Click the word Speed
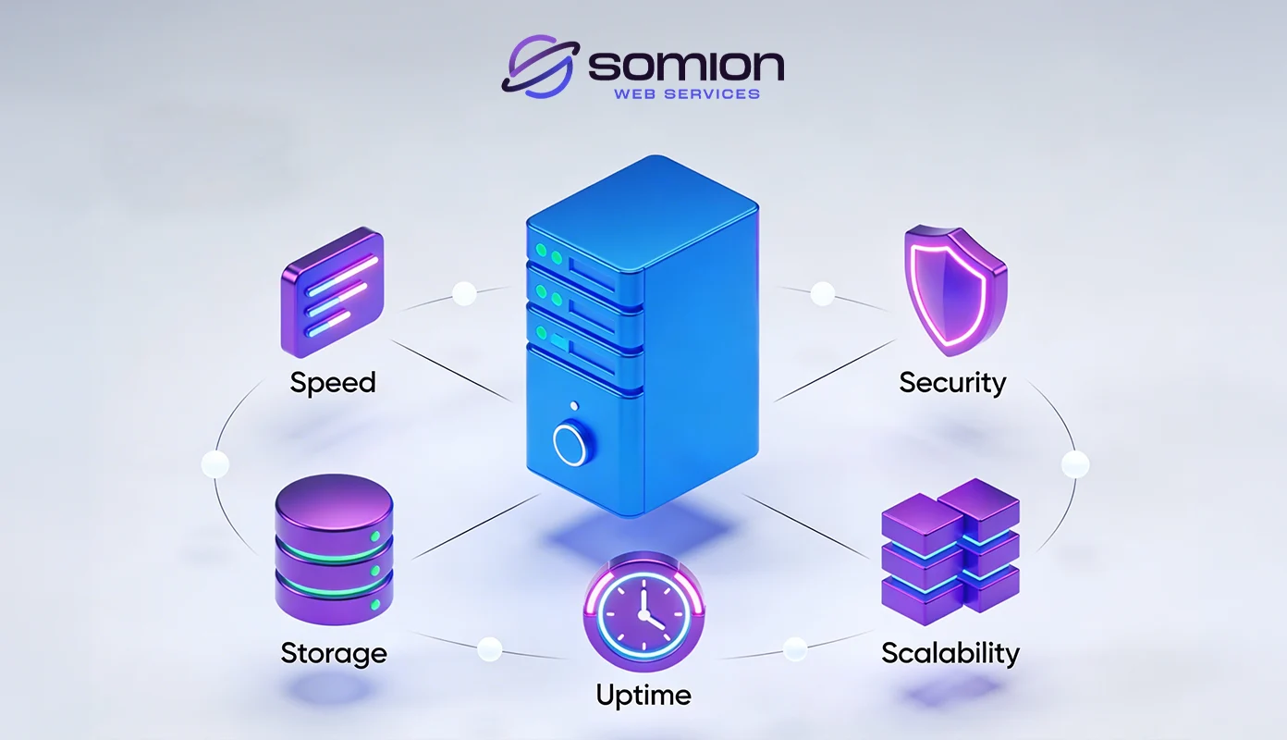coord(333,383)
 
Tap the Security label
coord(952,383)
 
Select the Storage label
coord(334,654)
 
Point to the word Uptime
coord(643,696)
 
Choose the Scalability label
coord(950,653)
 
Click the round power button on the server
coord(570,444)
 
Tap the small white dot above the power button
coord(576,405)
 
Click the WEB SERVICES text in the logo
coord(686,93)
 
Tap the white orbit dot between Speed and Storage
coord(214,463)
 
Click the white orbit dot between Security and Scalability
coord(1075,463)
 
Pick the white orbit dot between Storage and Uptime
coord(490,648)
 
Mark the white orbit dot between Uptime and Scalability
coord(795,648)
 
